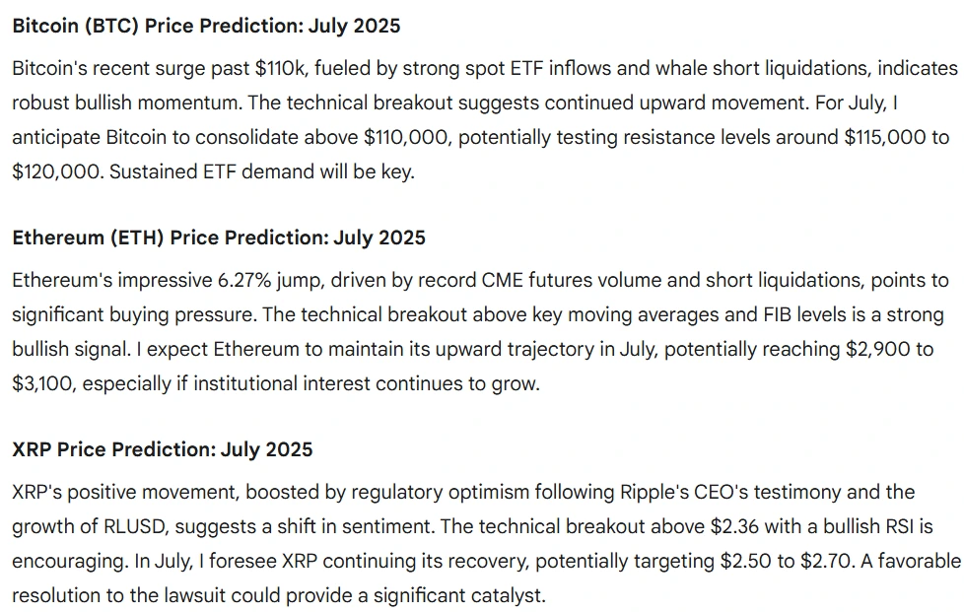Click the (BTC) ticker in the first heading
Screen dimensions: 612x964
(x=107, y=26)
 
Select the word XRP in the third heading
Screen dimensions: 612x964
(x=32, y=449)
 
